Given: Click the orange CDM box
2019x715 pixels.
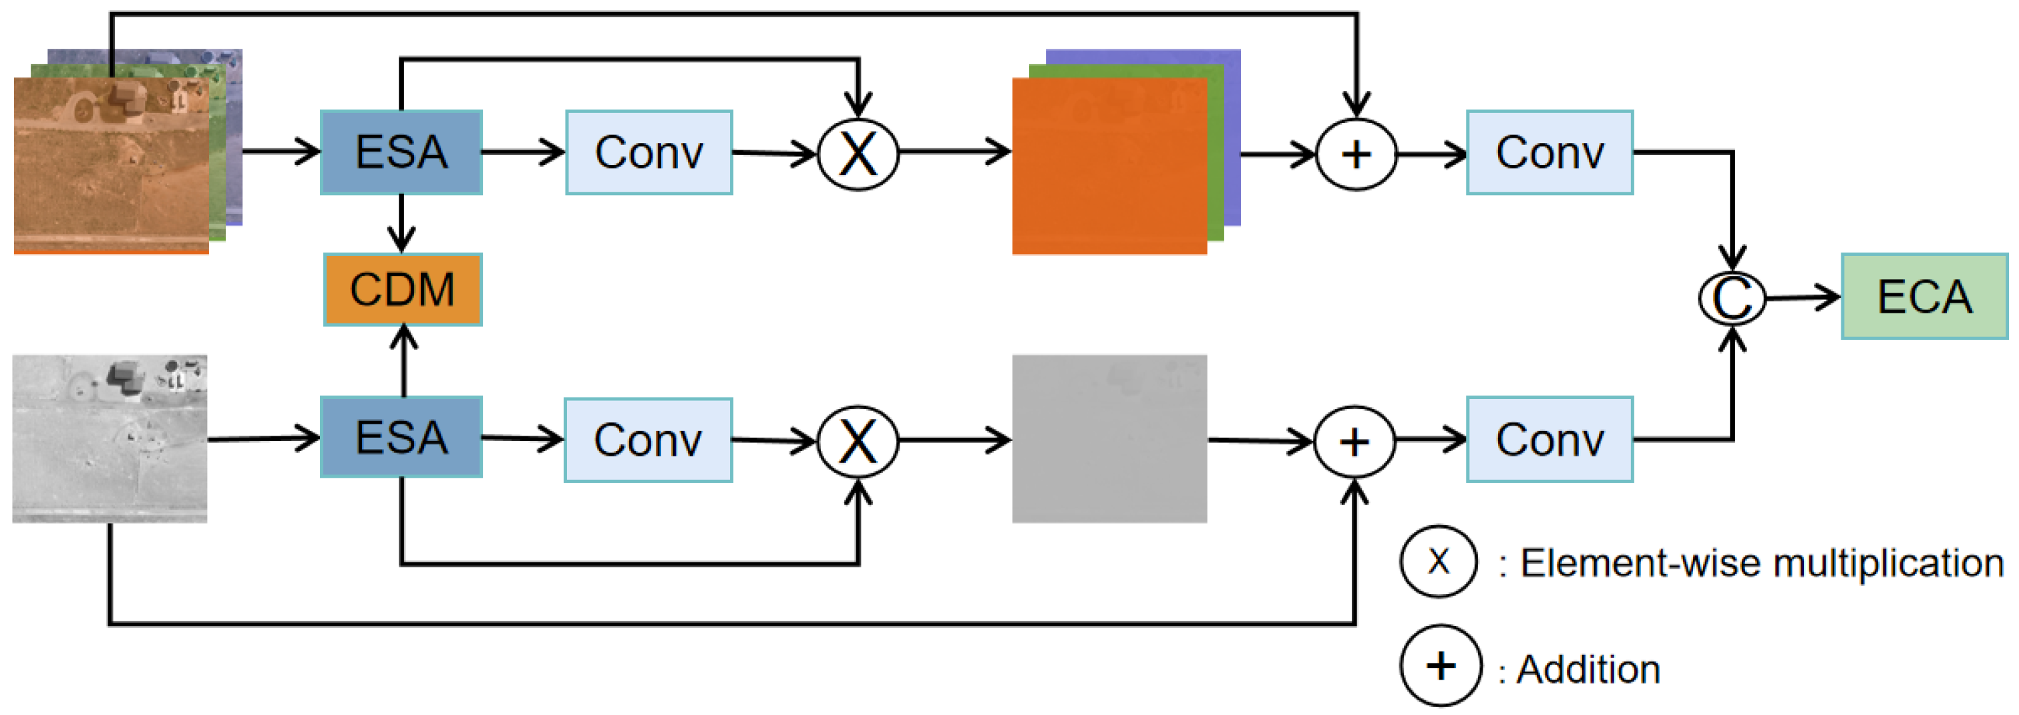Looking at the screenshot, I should (x=402, y=289).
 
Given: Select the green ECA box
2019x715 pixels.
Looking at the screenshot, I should (x=1923, y=296).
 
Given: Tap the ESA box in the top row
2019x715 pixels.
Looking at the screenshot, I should (x=401, y=152).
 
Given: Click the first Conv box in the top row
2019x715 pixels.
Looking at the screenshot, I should (x=649, y=152).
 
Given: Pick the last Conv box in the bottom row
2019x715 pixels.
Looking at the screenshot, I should (x=1549, y=439).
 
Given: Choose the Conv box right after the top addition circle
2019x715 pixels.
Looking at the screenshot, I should (x=1549, y=152).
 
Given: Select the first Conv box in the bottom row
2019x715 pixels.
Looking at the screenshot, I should (x=649, y=440).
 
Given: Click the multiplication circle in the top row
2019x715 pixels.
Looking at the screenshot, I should (x=858, y=154).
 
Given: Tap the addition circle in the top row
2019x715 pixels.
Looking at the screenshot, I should (x=1356, y=154).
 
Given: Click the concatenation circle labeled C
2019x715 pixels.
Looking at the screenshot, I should (x=1731, y=298).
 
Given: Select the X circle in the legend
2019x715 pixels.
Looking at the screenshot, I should (x=1438, y=561).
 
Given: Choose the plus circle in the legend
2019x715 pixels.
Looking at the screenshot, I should (x=1441, y=666).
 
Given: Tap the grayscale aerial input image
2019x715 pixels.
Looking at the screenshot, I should (x=110, y=438).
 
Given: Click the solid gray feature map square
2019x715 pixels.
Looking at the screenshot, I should (x=1109, y=438).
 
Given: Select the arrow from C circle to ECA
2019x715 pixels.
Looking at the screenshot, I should (x=1803, y=297).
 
